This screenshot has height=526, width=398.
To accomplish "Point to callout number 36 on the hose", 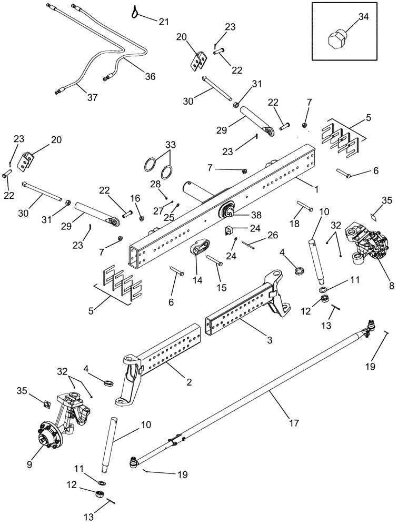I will (151, 77).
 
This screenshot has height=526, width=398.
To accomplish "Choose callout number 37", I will (92, 97).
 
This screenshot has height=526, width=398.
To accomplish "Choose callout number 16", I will (136, 199).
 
